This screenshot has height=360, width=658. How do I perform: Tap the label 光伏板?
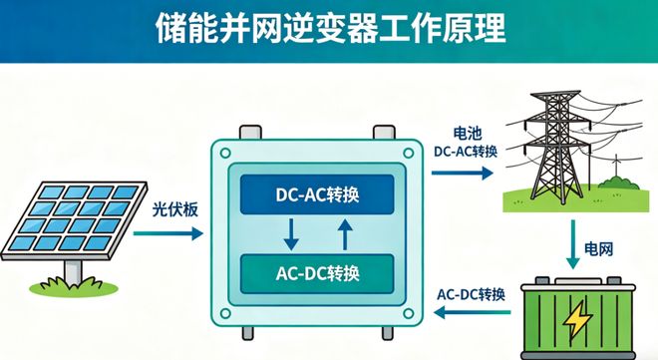[171, 210]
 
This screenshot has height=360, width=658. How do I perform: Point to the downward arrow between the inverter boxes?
[291, 235]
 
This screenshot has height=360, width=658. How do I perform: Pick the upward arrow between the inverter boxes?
[344, 234]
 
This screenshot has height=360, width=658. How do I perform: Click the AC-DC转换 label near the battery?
[472, 294]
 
